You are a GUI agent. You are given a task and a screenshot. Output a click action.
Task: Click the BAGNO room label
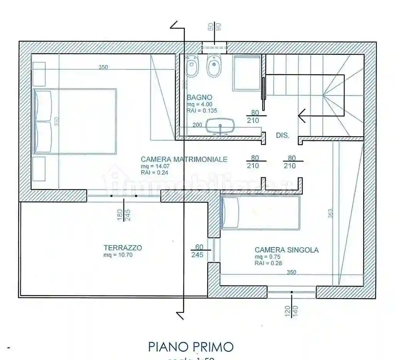pos(199,97)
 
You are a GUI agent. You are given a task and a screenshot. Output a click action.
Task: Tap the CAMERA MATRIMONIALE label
pos(184,159)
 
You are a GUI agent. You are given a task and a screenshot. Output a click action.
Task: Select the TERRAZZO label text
pos(123,248)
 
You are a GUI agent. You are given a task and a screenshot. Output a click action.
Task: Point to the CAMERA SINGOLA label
pos(287,250)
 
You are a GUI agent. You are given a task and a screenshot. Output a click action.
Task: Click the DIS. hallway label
pos(282,135)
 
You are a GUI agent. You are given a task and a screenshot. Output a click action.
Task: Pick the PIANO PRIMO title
pos(191,346)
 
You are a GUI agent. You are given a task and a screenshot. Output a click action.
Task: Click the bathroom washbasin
pos(220,126)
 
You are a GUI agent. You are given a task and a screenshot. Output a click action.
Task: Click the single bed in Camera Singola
pos(260,213)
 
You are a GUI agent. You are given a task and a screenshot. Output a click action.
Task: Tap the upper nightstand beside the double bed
pos(39,74)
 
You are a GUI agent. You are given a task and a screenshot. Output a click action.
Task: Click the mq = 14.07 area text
pos(155,166)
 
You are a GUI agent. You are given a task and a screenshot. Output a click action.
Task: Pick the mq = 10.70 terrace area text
pos(118,255)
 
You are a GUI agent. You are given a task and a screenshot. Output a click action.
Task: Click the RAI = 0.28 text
pos(268,264)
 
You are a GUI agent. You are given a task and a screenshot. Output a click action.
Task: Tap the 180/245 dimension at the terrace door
pos(123,215)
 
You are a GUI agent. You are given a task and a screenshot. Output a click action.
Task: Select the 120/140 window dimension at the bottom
pos(292,310)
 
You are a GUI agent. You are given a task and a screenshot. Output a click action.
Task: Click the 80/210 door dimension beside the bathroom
pos(255,116)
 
